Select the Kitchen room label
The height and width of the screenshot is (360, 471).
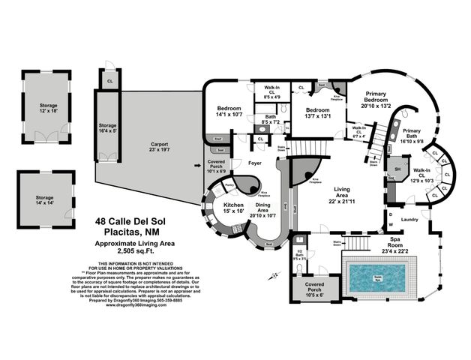click(232, 206)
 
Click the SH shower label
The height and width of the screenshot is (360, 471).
click(397, 169)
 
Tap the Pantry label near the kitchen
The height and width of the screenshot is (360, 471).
click(229, 184)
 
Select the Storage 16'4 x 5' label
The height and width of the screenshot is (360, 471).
click(107, 127)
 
